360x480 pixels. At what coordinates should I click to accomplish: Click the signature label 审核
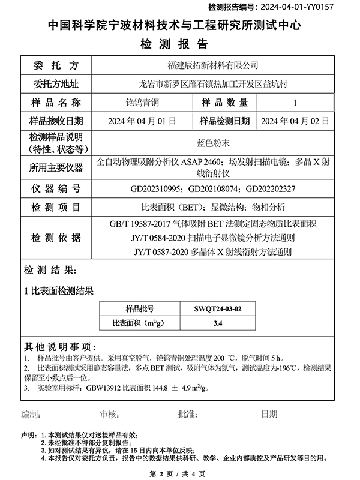pyautogui.click(x=110, y=414)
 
